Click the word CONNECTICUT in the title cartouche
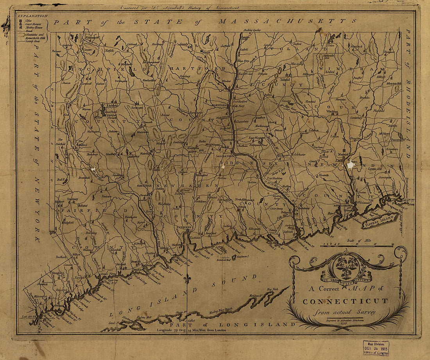coord(346,301)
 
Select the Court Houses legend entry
coord(33,23)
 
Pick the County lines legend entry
coord(32,40)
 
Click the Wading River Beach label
coord(221,308)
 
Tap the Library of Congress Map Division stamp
coord(376,347)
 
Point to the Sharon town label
coord(65,82)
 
